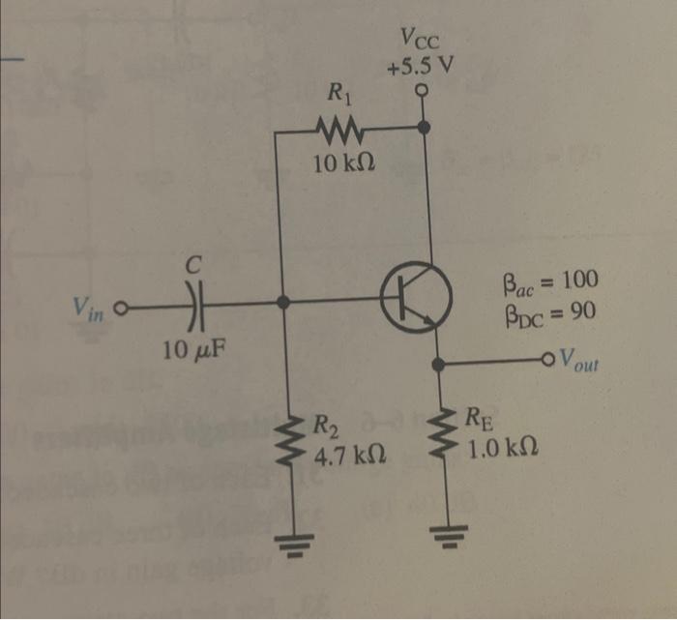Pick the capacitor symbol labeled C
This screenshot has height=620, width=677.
[x=195, y=302]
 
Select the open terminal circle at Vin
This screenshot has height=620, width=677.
[x=121, y=311]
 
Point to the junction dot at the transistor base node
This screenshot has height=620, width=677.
[x=282, y=302]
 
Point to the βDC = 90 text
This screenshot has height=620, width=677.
[x=546, y=311]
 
